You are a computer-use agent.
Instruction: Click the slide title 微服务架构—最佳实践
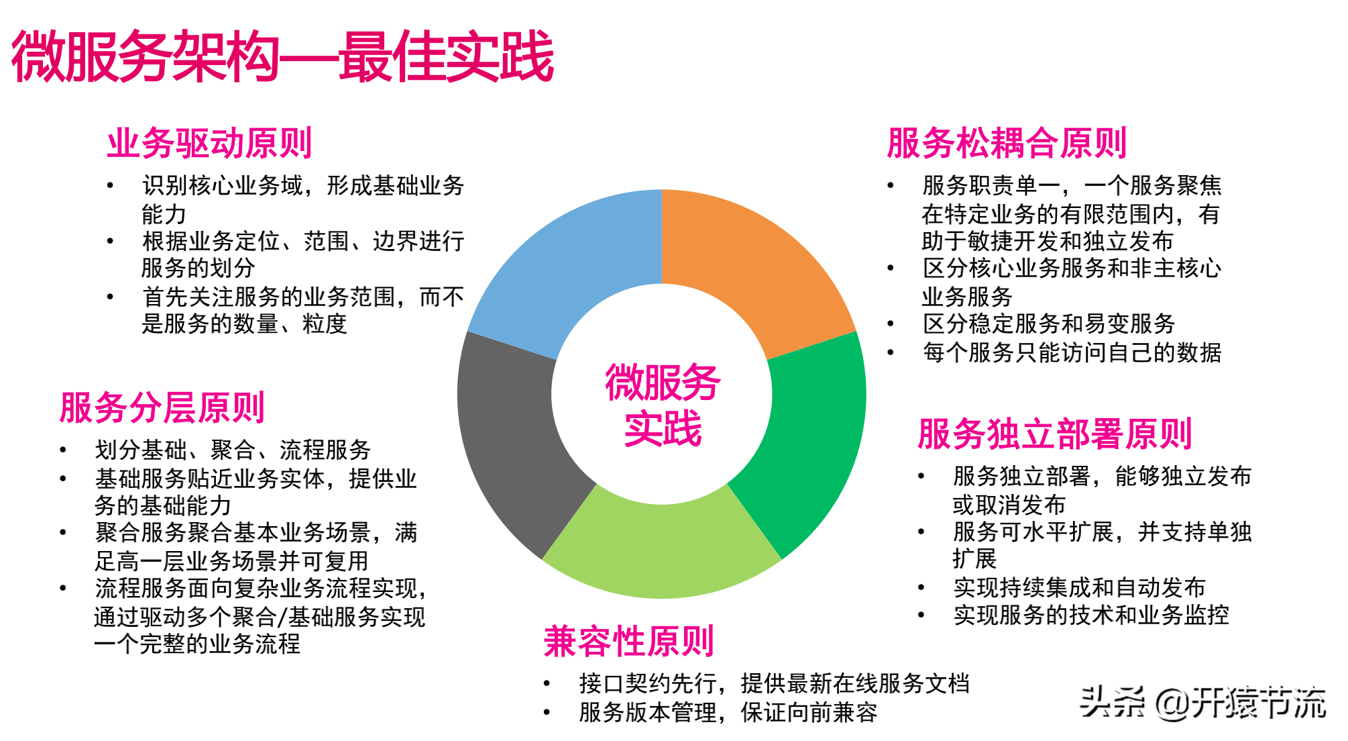(282, 56)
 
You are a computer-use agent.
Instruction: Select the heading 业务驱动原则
(209, 143)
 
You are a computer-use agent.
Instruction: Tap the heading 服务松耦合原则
(1006, 143)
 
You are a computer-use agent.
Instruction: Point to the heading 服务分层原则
(162, 407)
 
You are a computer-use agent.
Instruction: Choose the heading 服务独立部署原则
(1054, 434)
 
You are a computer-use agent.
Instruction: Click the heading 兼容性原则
(628, 641)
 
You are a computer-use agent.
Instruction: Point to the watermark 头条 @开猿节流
(1202, 703)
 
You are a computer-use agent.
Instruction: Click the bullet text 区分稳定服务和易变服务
(1049, 324)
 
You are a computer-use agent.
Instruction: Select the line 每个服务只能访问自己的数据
(1072, 352)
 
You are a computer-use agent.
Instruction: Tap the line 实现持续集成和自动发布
(1079, 587)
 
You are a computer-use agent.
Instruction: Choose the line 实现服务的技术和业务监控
(1091, 615)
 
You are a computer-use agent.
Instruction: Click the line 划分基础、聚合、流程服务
(233, 450)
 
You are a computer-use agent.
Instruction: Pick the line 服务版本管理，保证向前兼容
(728, 712)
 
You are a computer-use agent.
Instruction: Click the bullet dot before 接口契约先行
(547, 684)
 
